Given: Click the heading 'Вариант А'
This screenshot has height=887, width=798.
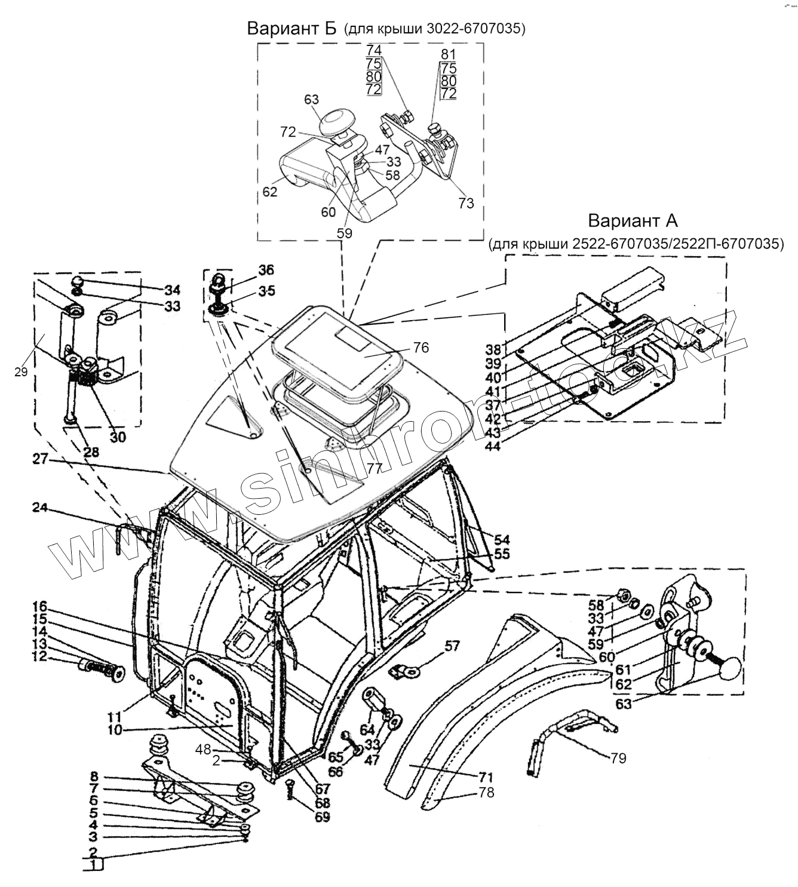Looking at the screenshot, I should point(633,220).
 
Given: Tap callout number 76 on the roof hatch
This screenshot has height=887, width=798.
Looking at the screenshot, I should point(421,347).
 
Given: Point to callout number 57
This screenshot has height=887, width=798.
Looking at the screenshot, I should point(453,646).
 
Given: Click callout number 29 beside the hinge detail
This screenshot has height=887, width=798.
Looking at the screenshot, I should point(22,372).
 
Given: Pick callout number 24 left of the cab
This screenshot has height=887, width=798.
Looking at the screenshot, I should point(39,508).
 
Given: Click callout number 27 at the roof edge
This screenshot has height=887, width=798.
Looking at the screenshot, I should point(39,461).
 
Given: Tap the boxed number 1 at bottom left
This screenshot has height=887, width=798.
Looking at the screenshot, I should point(93,865).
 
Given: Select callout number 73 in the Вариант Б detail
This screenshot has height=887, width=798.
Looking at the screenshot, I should point(466,203).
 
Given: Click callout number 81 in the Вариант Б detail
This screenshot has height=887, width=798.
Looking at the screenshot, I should point(448,54).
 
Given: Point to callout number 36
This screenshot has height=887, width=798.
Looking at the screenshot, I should point(266,270).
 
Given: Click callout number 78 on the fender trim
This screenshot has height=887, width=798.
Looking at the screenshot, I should point(486,793).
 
